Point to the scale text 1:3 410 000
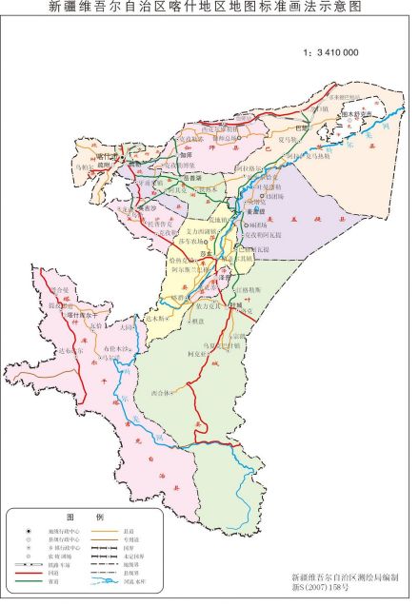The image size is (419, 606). (x=329, y=52)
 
